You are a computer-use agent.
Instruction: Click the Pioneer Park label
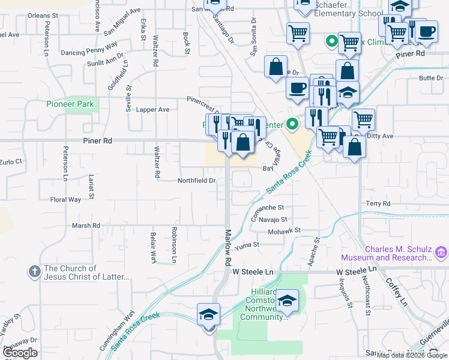[70, 104]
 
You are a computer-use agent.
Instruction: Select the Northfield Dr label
[196, 181]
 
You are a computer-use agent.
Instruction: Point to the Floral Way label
[65, 199]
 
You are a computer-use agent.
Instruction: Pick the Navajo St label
[275, 220]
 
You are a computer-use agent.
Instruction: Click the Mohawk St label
[283, 231]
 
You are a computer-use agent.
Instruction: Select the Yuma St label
[247, 245]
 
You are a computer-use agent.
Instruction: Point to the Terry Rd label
[378, 204]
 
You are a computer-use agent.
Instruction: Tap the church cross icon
[34, 271]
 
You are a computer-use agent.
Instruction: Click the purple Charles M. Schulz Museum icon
[442, 252]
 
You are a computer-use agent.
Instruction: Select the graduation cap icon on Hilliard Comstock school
[288, 300]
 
